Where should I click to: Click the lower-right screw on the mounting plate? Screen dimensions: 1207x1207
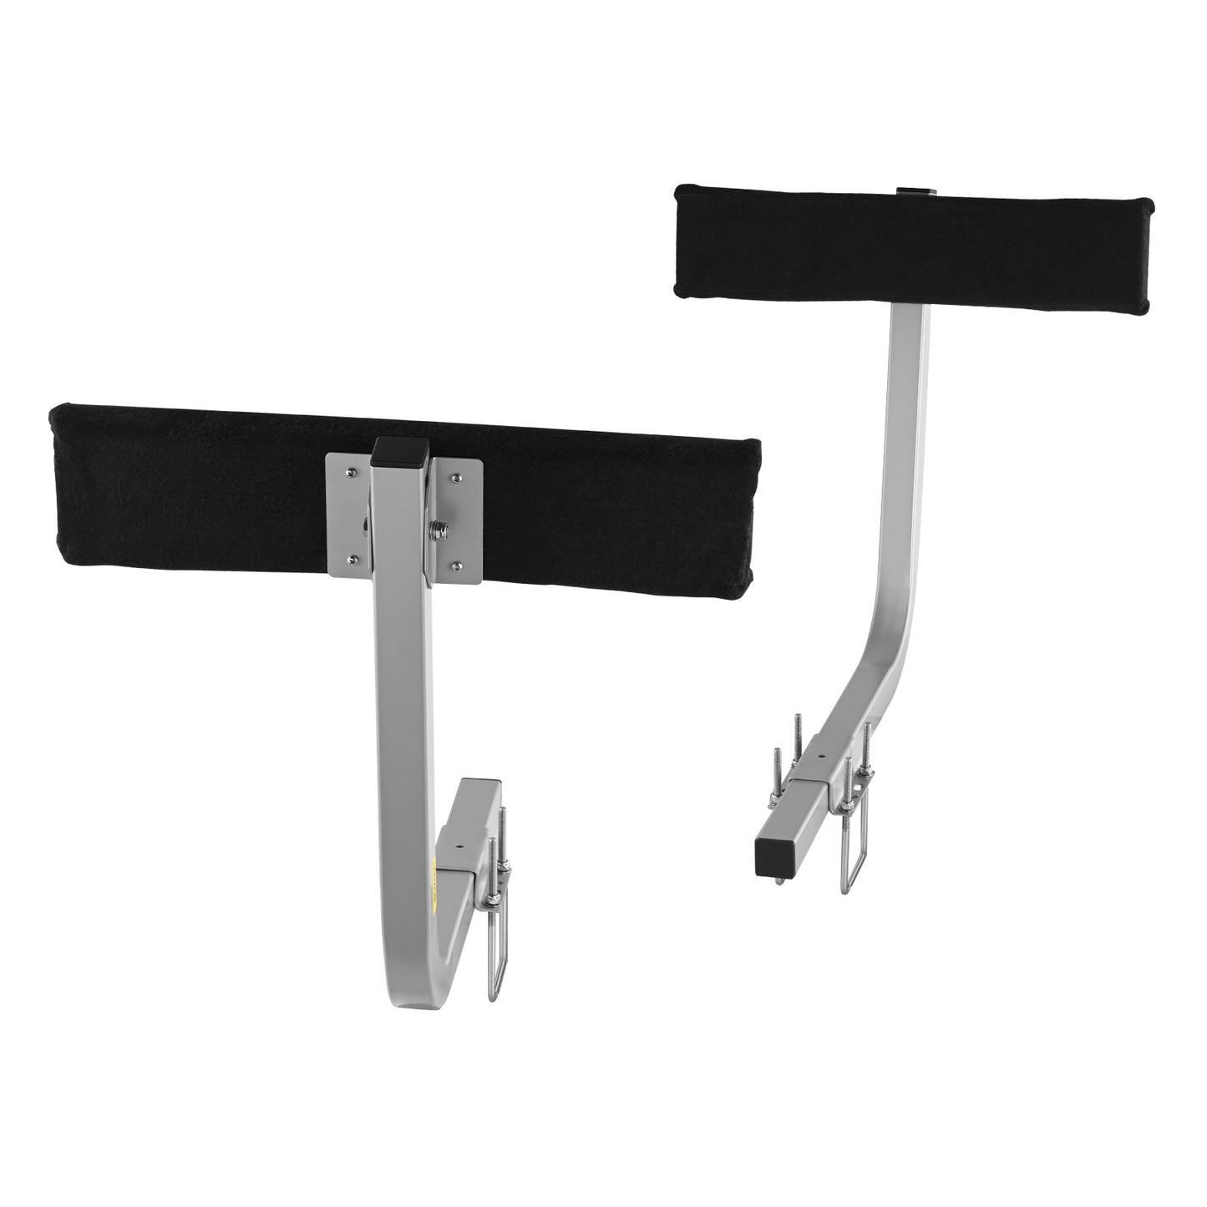pos(457,565)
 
